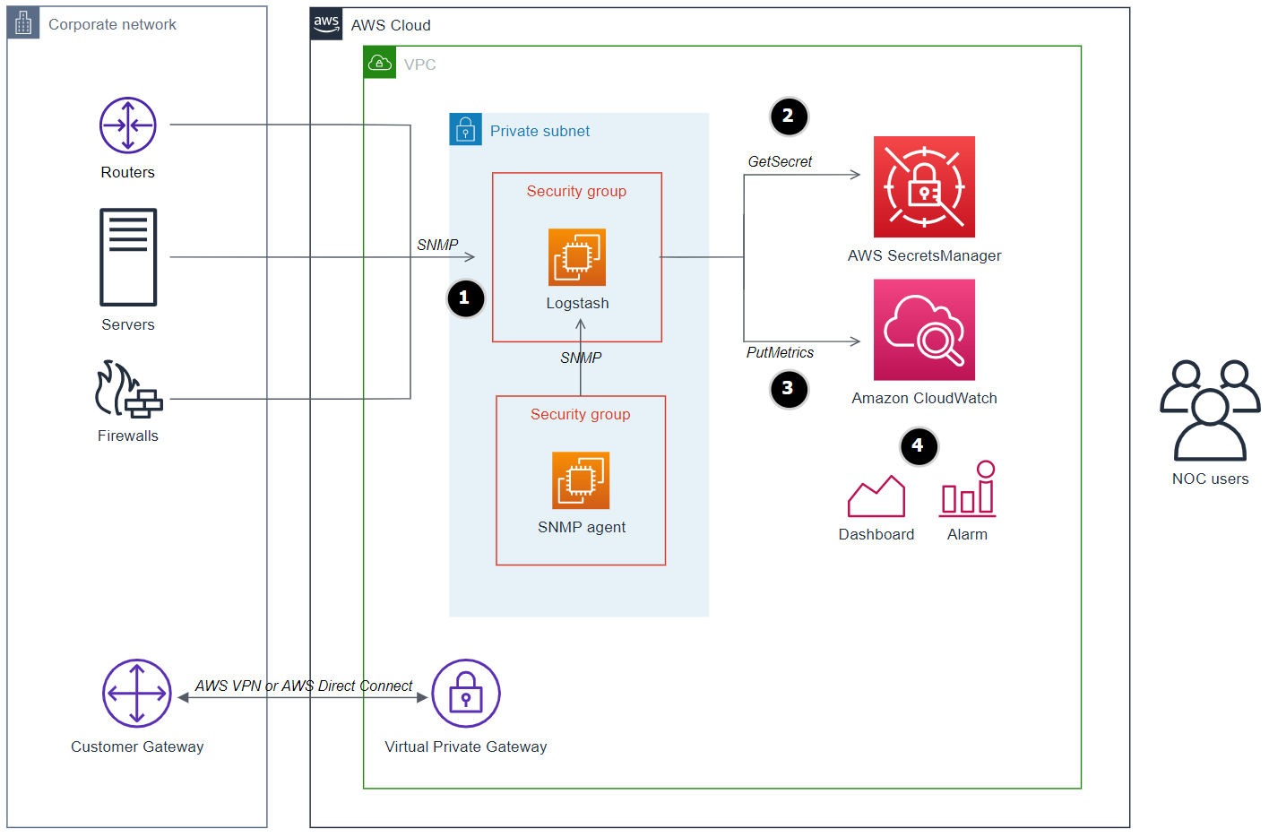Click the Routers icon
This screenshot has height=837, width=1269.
click(x=127, y=125)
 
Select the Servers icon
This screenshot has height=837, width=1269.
click(x=128, y=257)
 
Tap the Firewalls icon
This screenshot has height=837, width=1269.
click(x=128, y=390)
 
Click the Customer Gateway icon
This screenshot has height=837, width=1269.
click(x=136, y=694)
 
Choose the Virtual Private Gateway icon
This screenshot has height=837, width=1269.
click(x=466, y=694)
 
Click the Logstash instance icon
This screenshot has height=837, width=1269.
click(x=577, y=257)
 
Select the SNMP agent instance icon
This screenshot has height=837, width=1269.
click(x=581, y=480)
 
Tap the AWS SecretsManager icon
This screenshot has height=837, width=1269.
click(x=924, y=186)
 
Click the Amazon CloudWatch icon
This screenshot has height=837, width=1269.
click(x=924, y=330)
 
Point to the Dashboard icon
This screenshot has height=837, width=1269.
click(x=876, y=496)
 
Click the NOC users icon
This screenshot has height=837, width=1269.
click(x=1210, y=410)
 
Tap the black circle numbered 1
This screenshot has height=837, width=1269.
click(x=465, y=298)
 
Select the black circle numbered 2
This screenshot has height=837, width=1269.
click(x=789, y=116)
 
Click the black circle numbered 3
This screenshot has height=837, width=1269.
click(x=789, y=389)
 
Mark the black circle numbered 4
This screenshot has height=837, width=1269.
click(x=918, y=446)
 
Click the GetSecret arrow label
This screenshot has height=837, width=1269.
click(x=780, y=162)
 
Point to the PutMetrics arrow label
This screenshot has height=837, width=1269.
click(x=780, y=353)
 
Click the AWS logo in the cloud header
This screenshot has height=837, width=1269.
click(x=326, y=24)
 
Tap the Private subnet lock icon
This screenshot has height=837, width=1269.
click(x=465, y=130)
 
